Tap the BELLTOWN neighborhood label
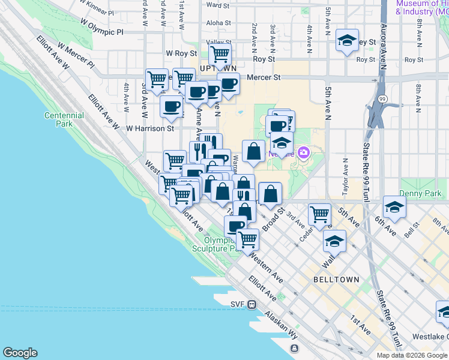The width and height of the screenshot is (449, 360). tap(336, 280)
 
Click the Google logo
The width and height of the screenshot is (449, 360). tap(20, 353)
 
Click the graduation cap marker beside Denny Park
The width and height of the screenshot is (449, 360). tap(394, 206)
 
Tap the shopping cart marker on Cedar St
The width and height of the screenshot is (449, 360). tap(319, 213)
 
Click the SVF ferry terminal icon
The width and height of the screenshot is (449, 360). tap(253, 304)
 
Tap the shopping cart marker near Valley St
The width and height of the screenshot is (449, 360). tap(220, 53)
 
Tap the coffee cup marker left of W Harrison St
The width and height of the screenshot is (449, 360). tap(171, 107)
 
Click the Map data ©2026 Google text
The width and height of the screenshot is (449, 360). tap(412, 355)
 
